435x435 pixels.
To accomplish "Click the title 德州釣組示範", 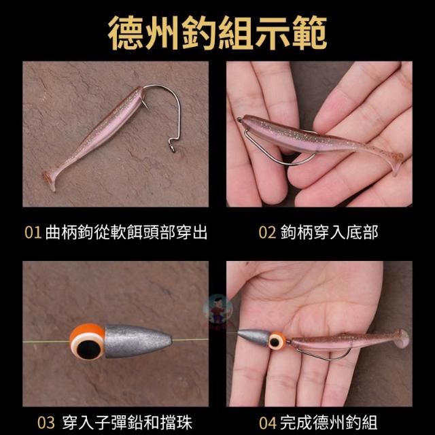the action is [x=217, y=33].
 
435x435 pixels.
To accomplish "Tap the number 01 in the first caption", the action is [x=33, y=232].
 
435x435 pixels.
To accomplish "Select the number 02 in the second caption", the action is [x=267, y=232].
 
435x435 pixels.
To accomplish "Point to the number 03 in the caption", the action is [x=46, y=423].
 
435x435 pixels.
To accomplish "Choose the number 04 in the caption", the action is [x=268, y=423].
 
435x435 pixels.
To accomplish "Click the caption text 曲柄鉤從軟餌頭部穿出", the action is [x=126, y=232].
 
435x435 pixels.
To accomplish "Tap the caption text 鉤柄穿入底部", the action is [x=329, y=232].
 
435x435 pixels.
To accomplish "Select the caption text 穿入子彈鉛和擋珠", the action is [x=127, y=423].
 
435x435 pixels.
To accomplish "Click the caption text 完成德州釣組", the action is [x=329, y=423].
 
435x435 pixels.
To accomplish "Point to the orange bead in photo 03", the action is [x=87, y=342].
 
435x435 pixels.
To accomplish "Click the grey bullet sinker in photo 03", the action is [x=138, y=341].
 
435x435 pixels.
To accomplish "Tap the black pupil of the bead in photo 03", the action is [x=86, y=349].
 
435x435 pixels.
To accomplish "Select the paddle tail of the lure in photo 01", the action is [x=50, y=179].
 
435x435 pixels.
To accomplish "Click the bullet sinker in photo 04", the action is [x=254, y=337].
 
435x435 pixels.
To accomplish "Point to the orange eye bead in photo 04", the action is [x=277, y=340].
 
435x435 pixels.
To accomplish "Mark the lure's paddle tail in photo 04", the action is [x=402, y=338].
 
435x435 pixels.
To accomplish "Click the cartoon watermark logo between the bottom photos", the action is [x=217, y=309].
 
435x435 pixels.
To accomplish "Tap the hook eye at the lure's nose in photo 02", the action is [x=239, y=120].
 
